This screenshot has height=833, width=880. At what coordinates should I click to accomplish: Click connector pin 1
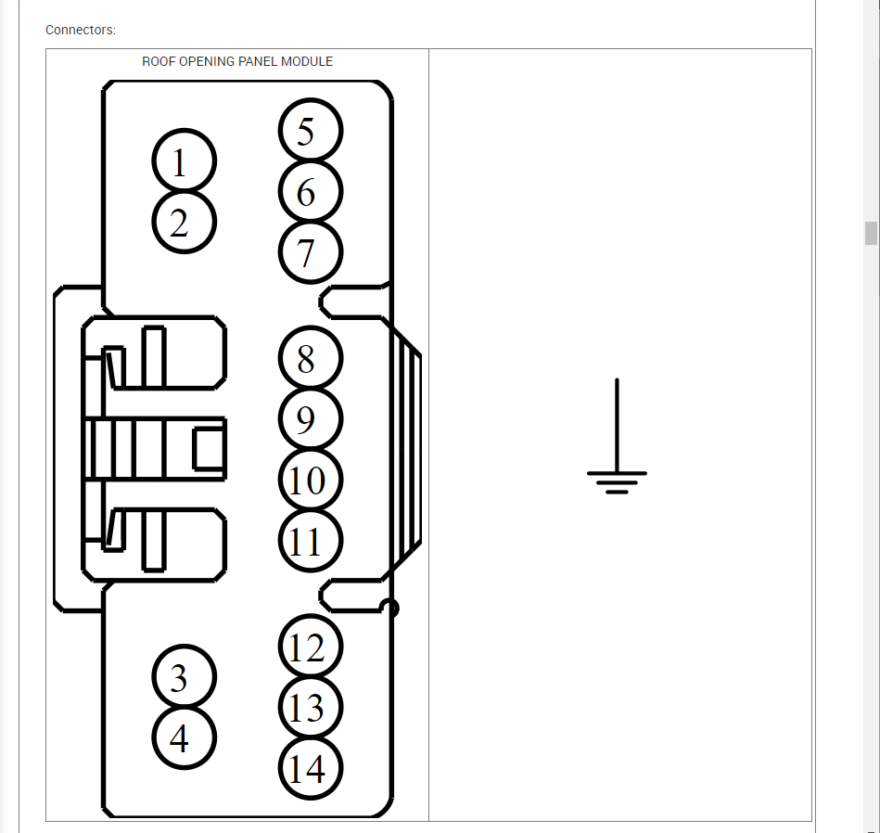coord(184,162)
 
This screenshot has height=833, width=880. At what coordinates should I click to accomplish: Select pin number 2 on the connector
coord(184,223)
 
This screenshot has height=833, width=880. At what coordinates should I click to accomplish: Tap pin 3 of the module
coord(184,678)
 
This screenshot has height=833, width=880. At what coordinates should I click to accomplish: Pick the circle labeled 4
coord(184,738)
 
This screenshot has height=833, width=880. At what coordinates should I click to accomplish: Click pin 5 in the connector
coord(310,131)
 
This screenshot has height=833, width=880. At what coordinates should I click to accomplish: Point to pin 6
coord(310,192)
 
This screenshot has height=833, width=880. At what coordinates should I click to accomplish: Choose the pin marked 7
coord(310,252)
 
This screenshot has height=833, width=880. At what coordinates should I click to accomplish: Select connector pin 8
coord(310,359)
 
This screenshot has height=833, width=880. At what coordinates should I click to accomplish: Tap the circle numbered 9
coord(310,419)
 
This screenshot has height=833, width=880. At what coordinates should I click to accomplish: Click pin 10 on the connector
coord(310,481)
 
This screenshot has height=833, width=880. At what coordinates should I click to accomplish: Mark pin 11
coord(310,541)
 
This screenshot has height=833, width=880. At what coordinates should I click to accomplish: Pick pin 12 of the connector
coord(310,647)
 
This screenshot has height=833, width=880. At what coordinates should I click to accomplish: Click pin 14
coord(310,769)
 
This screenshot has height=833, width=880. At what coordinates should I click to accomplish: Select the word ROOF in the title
coord(158,62)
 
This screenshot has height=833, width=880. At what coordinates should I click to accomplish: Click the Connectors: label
coord(81,31)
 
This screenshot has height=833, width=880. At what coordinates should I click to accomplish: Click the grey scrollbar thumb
coord(871,233)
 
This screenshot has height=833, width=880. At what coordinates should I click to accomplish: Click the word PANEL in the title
coord(260,62)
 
